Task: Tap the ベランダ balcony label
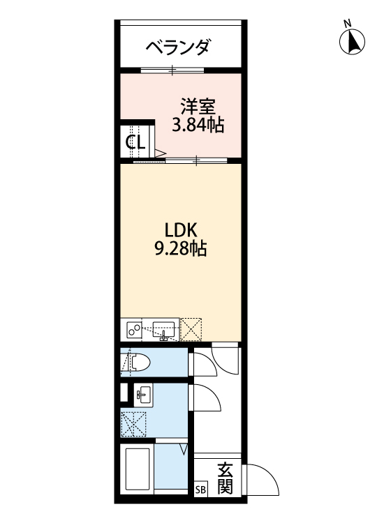(177, 47)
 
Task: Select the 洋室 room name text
(198, 107)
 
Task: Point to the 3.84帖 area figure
(198, 126)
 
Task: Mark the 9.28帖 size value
(180, 249)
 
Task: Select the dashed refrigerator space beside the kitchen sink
(191, 328)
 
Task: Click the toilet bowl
(138, 362)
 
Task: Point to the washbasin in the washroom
(142, 395)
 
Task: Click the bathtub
(138, 469)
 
